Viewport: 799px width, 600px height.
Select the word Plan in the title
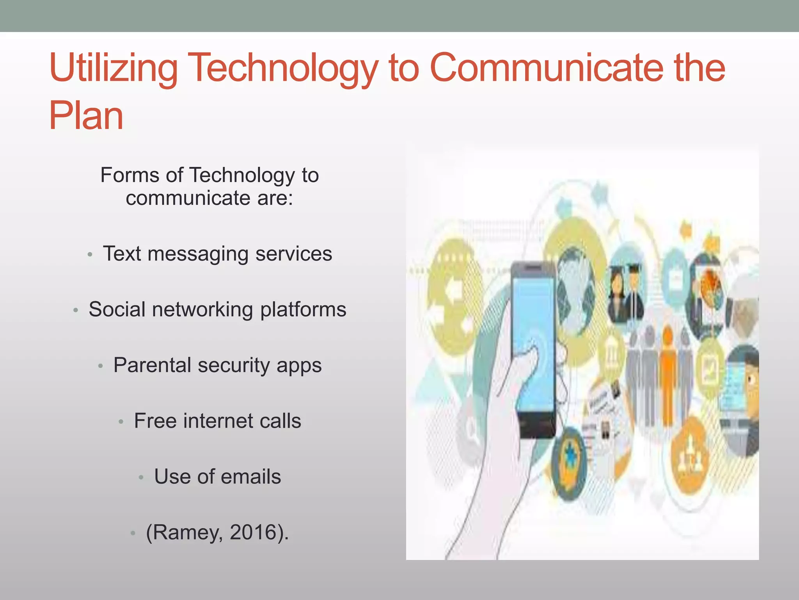[x=86, y=116]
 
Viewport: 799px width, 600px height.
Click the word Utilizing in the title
[x=114, y=69]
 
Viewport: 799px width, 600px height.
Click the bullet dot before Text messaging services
[x=90, y=255]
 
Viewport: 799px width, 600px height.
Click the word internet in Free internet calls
[x=218, y=421]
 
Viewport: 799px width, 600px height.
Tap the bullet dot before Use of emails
[x=141, y=478]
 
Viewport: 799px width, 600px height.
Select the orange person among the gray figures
[x=668, y=375]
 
